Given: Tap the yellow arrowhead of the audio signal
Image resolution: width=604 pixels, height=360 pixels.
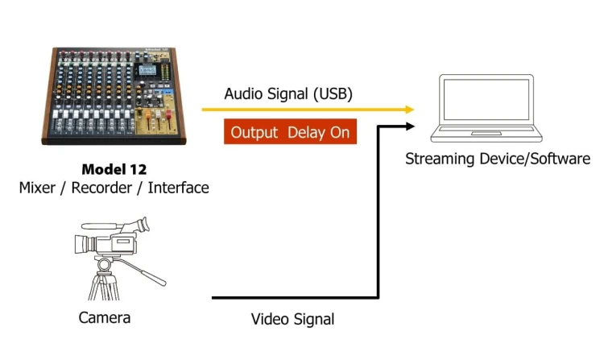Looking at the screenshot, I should pos(408,110).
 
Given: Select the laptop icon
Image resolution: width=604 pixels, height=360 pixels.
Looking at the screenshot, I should pos(486,109).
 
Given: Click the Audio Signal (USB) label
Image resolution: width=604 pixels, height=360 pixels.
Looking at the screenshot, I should pos(288,93).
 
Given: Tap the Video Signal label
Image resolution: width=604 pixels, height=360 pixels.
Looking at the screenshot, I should pos(292,319).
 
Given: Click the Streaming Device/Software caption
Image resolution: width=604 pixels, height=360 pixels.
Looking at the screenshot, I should pos(497,159).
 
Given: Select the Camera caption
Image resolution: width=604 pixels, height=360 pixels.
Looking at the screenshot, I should pos(105,317).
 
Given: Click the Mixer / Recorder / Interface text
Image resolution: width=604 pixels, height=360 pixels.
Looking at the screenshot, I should pos(114,188).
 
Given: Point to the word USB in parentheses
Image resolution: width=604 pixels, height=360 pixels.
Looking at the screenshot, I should pos(333,93).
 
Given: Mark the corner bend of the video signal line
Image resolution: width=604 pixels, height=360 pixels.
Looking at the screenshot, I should pos(378,297).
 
